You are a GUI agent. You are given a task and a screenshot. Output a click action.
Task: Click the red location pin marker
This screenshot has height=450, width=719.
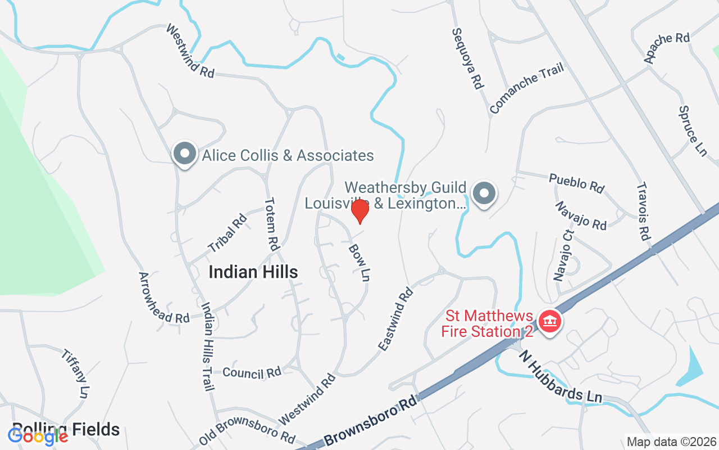359,211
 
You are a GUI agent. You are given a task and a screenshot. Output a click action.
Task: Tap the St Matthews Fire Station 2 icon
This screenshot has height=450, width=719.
549,322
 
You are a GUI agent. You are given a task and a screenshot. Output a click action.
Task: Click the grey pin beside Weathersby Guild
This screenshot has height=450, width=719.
484,194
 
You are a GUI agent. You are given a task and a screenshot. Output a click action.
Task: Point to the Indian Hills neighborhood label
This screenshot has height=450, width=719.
253,272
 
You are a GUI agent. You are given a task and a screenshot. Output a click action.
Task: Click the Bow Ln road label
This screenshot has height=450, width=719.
359,262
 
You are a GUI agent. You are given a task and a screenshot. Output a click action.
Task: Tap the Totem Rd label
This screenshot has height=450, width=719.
271,224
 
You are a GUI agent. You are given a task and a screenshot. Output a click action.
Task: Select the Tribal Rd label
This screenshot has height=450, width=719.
227,233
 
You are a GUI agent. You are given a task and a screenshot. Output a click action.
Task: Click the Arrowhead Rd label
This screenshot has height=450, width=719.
164,298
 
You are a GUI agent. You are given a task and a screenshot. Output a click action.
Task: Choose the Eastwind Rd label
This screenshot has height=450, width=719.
395,319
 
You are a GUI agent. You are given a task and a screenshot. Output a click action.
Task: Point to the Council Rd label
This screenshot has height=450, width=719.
251,372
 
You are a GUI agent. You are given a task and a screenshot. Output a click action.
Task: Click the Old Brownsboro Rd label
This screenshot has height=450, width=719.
247,431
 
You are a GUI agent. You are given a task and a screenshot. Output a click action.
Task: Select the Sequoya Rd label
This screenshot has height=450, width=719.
467,58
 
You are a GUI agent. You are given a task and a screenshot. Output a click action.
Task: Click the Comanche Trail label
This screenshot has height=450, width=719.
526,88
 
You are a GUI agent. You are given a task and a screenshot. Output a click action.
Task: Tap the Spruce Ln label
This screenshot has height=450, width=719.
693,132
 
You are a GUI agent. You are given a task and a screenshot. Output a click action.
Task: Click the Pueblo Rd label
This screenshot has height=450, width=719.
576,183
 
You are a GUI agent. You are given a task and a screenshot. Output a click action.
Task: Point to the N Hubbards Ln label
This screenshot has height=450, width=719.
561,376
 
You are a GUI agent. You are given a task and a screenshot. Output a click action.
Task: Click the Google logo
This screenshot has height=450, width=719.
38,436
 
